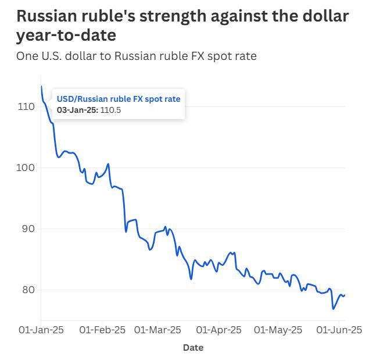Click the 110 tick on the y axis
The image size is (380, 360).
click(x=27, y=107)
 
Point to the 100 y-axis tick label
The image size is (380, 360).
click(x=27, y=167)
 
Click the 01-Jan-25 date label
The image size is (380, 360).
click(x=41, y=330)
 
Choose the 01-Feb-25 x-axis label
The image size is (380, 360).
click(x=102, y=330)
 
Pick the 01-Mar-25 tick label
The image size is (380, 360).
click(x=157, y=330)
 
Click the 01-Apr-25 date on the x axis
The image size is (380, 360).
click(x=219, y=330)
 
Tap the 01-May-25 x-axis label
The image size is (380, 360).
click(x=278, y=330)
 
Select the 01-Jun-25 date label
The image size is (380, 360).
click(x=339, y=330)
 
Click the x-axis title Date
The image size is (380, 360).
click(x=193, y=348)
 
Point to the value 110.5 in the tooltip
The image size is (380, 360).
click(x=110, y=111)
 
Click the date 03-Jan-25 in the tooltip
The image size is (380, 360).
click(x=77, y=111)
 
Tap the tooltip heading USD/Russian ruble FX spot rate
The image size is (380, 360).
click(x=119, y=99)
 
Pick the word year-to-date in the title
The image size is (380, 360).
click(x=66, y=35)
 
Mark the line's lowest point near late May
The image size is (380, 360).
click(x=334, y=309)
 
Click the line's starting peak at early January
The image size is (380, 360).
click(x=41, y=86)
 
